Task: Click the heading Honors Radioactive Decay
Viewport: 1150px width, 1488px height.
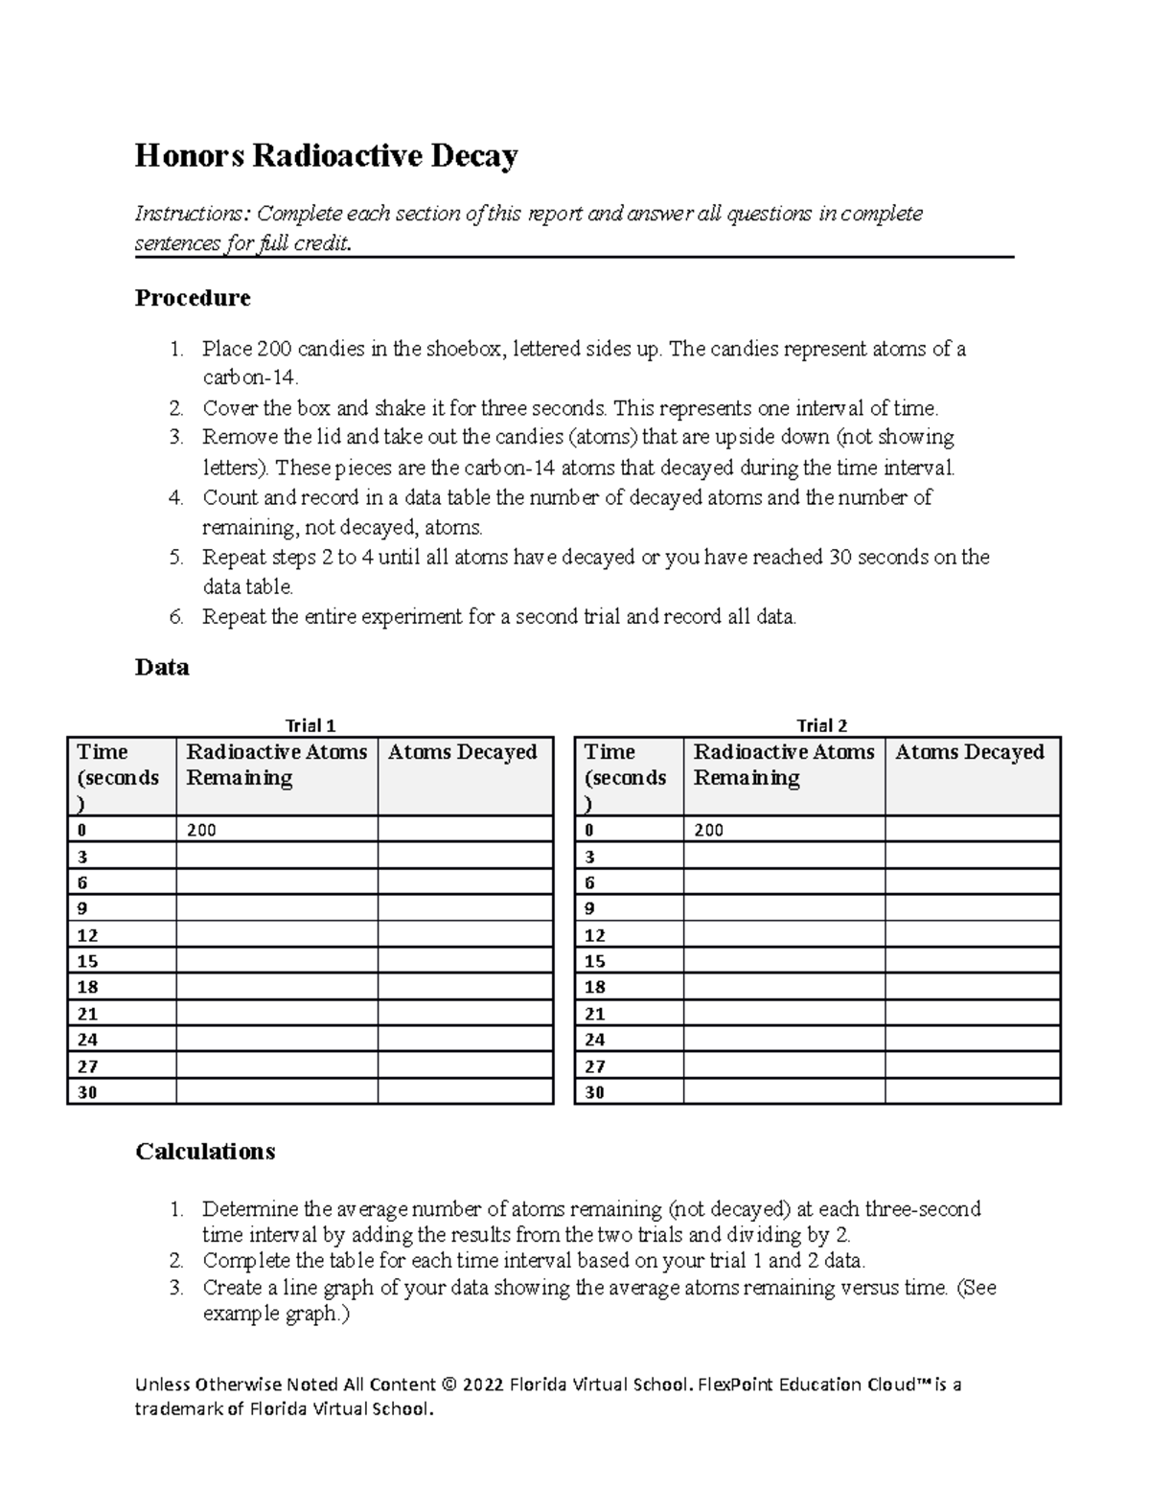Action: tap(326, 155)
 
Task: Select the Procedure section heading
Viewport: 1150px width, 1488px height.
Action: tap(193, 298)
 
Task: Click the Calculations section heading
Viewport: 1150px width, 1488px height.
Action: tap(205, 1151)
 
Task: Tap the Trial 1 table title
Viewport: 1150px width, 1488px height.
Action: tap(310, 725)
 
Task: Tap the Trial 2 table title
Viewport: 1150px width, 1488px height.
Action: tap(821, 725)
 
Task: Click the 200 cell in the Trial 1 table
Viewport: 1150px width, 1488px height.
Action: tap(201, 831)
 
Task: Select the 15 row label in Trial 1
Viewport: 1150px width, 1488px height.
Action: tap(87, 961)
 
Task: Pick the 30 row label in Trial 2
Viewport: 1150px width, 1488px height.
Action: tap(594, 1092)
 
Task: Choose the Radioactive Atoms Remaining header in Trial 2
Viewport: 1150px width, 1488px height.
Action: tap(783, 765)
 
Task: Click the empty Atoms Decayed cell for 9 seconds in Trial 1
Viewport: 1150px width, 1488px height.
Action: tap(465, 908)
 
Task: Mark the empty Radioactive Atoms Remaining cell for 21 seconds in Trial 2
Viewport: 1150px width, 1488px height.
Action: tap(783, 1014)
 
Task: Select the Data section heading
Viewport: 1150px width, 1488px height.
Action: tap(162, 667)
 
